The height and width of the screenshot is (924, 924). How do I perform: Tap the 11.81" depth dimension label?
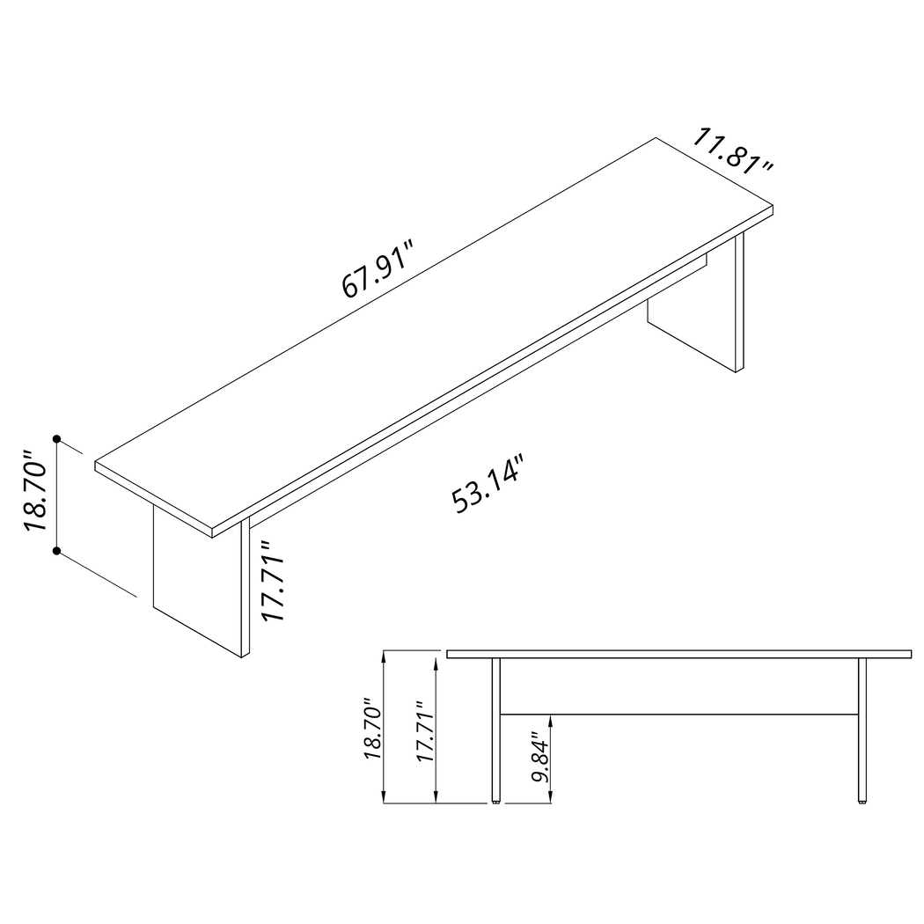point(733,151)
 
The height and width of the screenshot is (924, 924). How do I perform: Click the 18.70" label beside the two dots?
point(35,492)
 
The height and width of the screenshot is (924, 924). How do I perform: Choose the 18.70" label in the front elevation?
point(372,730)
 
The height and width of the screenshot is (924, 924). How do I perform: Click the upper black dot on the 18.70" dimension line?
point(56,438)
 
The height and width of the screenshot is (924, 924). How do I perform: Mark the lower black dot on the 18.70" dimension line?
point(56,552)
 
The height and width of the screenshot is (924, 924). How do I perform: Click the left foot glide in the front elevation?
point(496,802)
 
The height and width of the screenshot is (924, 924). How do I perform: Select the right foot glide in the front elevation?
point(862,802)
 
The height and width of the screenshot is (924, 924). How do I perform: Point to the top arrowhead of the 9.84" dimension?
point(550,717)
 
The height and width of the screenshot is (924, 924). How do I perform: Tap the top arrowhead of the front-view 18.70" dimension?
point(385,655)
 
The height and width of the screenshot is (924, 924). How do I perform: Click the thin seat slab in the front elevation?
point(678,654)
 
